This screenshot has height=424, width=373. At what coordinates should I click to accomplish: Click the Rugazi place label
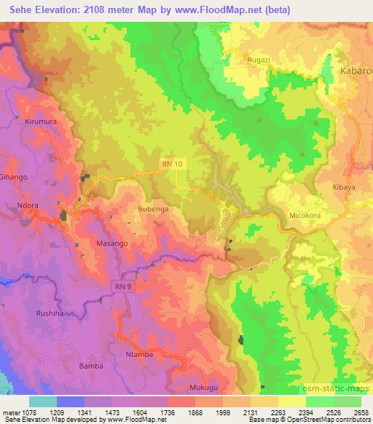pos(259,59)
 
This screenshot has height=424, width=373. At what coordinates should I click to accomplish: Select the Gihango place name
pos(14,177)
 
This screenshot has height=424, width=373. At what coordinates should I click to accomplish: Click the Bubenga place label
pos(153,209)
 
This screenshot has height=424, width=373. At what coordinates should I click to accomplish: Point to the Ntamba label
pos(141,355)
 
